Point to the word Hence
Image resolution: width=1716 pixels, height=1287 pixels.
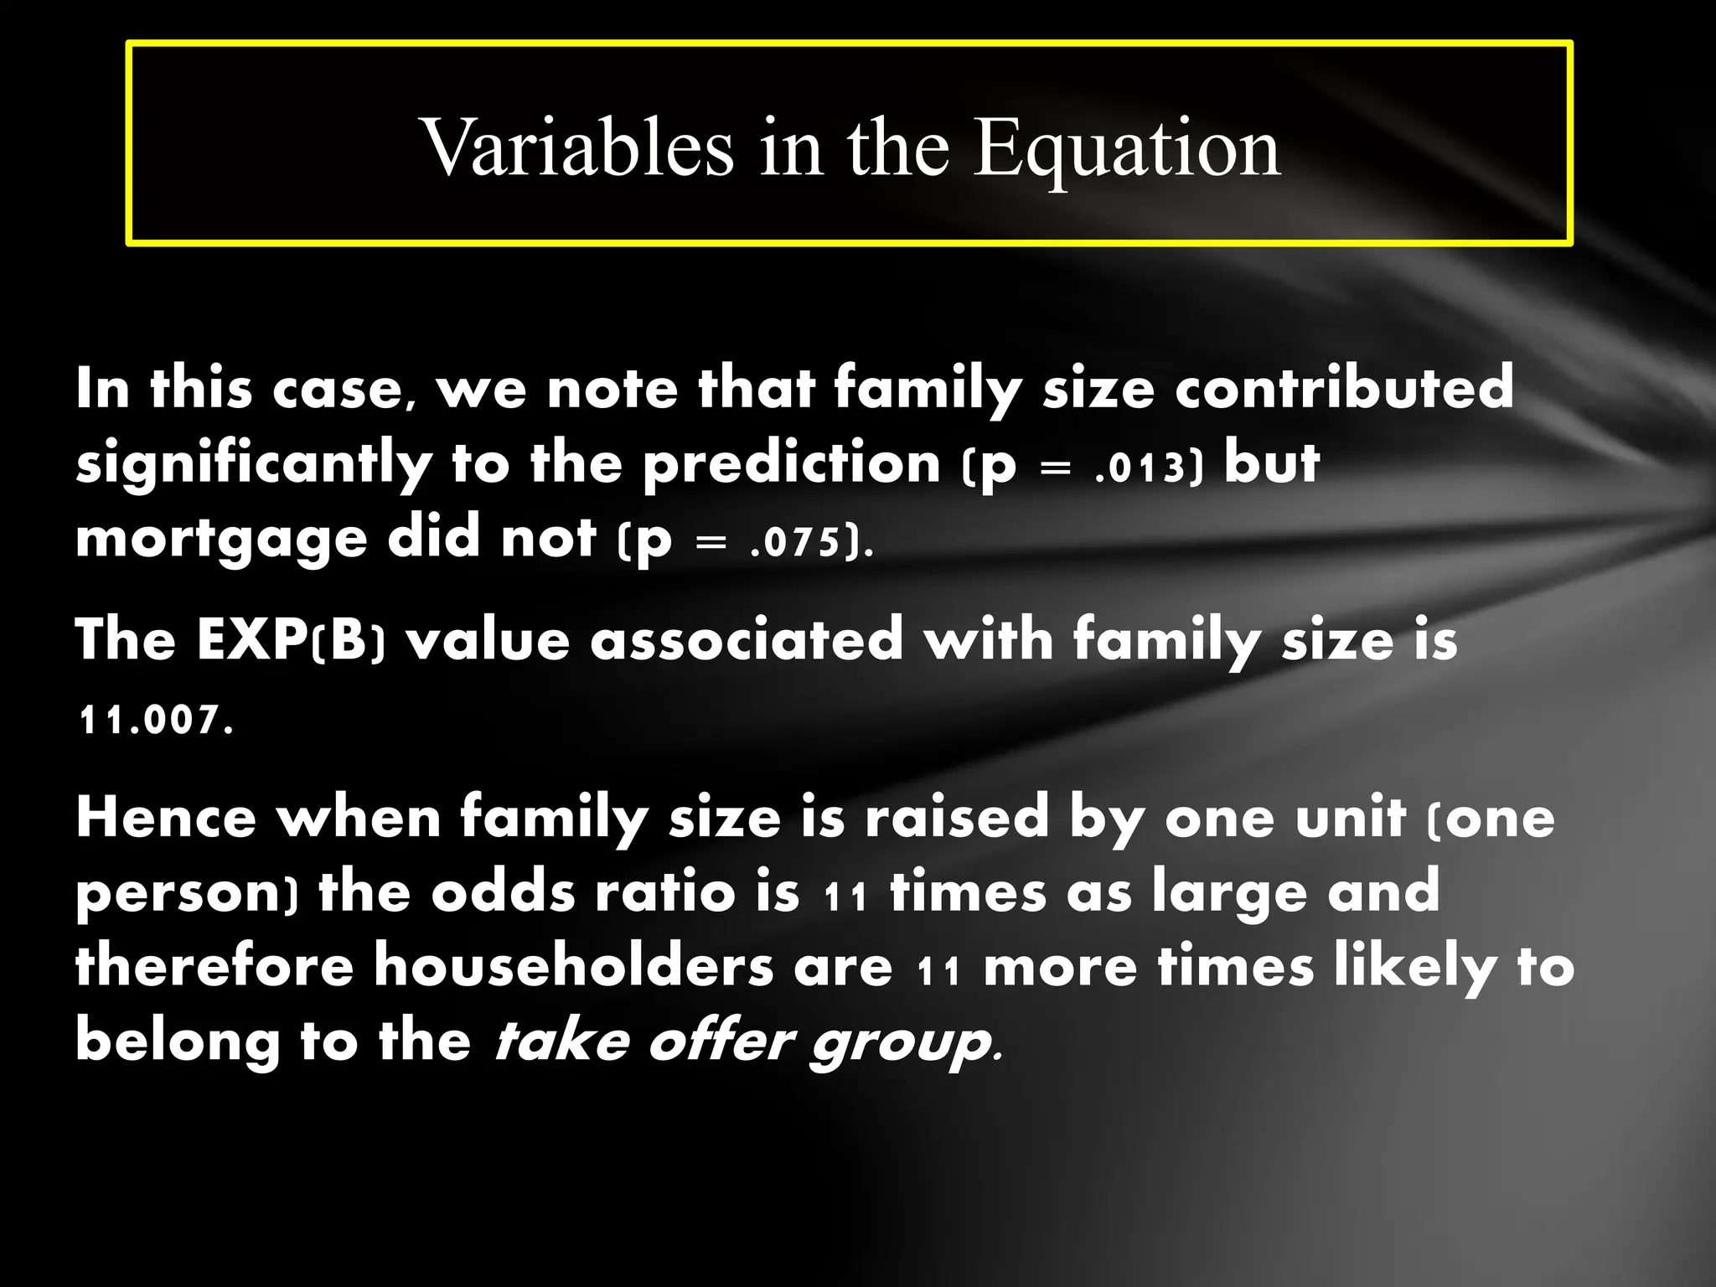click(x=166, y=818)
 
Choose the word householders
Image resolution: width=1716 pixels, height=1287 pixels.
click(x=574, y=965)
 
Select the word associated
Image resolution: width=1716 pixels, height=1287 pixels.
click(x=747, y=640)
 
